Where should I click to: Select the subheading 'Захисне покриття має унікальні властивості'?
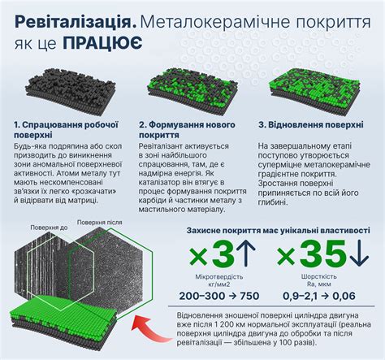point(273,230)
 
